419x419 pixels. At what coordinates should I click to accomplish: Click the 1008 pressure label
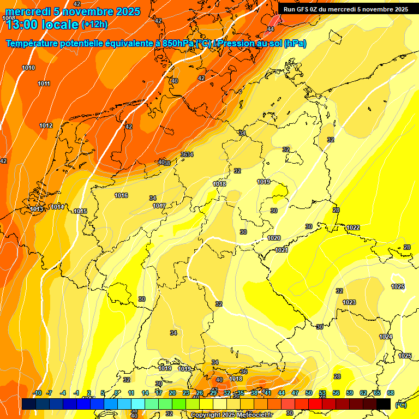click(9, 18)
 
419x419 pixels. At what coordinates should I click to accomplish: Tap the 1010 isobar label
click(28, 68)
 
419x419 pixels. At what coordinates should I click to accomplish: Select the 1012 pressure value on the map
click(46, 126)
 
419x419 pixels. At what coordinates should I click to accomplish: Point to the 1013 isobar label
click(37, 209)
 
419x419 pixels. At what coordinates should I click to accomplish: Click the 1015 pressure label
click(80, 211)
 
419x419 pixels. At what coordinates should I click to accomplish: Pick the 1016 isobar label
click(121, 195)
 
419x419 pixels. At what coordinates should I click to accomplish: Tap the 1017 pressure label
click(159, 206)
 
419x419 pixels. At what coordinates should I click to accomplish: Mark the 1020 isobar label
click(274, 238)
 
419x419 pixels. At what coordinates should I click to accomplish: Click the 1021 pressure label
click(282, 250)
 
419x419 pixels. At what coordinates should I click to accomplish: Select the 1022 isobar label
click(352, 228)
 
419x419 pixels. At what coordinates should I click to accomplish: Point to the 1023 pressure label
click(349, 302)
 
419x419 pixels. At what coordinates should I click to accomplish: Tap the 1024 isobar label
click(386, 337)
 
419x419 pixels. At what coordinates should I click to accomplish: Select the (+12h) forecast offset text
click(94, 24)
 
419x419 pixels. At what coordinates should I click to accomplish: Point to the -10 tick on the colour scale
click(38, 393)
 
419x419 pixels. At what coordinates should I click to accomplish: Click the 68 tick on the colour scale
click(391, 393)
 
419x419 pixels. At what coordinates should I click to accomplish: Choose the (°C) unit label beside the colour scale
click(401, 405)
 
